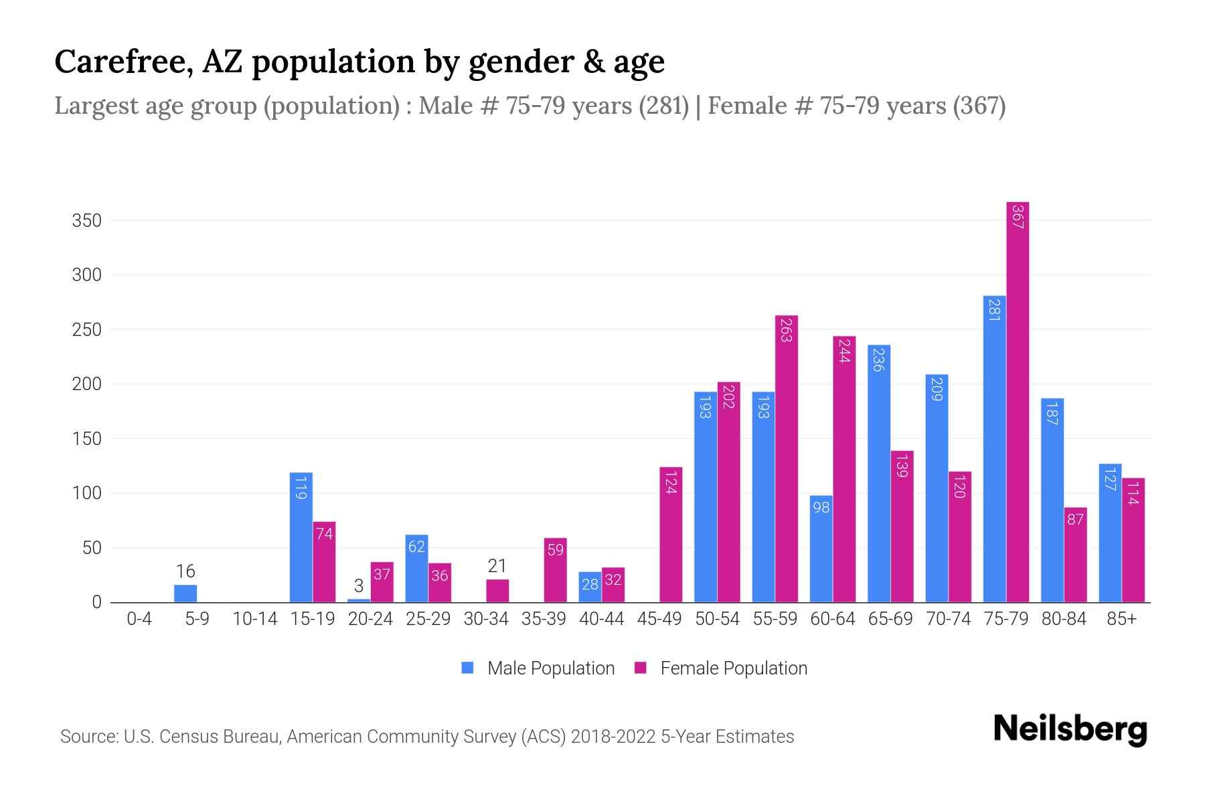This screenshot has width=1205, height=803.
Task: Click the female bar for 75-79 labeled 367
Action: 1017,401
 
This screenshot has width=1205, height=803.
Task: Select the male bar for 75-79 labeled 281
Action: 994,448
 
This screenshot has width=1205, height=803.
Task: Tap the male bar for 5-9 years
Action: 185,594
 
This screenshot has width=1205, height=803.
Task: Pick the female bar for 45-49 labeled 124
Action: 671,535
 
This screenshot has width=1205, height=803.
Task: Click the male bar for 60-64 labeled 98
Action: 821,549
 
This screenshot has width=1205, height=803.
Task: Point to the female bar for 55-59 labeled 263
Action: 787,458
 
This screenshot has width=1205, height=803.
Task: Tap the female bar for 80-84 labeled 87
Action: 1075,555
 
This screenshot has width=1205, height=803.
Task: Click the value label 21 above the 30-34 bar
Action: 497,566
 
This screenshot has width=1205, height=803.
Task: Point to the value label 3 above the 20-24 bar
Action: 359,586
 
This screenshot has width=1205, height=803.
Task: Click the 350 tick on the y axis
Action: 87,221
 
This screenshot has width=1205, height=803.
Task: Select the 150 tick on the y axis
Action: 87,439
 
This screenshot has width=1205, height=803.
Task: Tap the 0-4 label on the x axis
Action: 139,619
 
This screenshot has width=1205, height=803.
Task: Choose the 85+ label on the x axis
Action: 1121,619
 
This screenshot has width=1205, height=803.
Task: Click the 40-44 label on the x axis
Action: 601,619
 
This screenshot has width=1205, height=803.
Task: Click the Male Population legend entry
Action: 539,668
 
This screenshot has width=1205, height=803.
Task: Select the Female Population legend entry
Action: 721,668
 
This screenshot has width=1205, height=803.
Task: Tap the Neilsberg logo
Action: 1070,729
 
